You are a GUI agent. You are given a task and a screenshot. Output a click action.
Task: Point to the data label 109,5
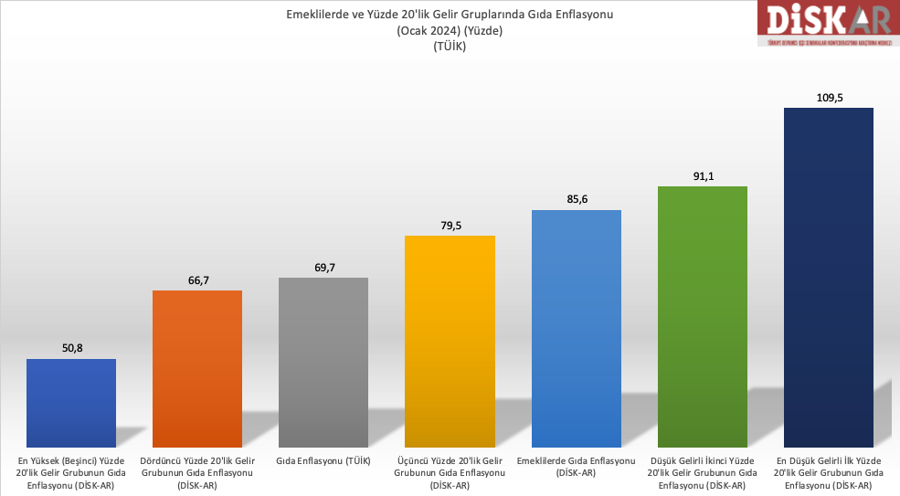pos(828,96)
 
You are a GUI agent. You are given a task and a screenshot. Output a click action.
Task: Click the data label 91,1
pos(702,174)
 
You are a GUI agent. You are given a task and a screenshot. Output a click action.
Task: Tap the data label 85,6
pos(576,198)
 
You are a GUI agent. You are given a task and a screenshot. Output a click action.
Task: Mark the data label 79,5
pos(450,224)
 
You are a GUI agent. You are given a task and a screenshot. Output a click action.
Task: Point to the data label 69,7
pos(323,266)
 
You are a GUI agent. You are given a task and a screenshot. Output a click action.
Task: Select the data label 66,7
pos(197,279)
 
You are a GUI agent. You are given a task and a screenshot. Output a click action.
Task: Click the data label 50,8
pos(71,347)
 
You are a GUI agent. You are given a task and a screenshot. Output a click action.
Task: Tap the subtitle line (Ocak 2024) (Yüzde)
pos(450,30)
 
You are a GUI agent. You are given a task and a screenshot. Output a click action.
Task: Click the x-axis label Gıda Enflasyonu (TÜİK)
pos(323,461)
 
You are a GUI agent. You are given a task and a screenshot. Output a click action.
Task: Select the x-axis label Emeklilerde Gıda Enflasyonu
pos(576,467)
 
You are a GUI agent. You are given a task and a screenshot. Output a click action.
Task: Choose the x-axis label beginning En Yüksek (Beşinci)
pos(71,473)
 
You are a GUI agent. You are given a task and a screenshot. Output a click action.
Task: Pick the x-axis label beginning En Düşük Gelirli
pos(828,473)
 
